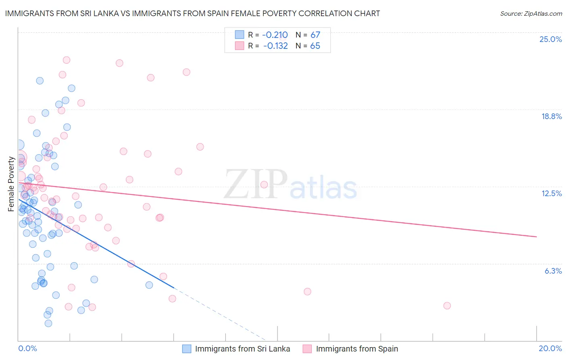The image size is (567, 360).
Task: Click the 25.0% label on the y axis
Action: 550,39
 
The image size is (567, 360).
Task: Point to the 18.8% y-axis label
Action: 551,116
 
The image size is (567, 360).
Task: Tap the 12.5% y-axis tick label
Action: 551,193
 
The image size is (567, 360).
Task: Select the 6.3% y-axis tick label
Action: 553,271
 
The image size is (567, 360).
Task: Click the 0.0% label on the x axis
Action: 27,348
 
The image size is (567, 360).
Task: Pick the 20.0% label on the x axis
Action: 550,348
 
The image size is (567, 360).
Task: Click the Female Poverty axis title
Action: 11,184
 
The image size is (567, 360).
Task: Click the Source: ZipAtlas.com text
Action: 531,13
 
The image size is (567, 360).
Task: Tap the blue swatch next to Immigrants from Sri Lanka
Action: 186,349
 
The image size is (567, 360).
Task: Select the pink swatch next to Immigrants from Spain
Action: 307,349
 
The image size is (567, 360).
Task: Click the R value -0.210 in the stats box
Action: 275,35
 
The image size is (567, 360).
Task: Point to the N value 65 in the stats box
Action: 315,46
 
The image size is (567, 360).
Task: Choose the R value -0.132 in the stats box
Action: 275,46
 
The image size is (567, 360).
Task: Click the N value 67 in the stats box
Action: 315,35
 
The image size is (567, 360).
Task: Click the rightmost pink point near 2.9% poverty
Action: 447,306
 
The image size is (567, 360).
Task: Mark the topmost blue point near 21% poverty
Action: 40,81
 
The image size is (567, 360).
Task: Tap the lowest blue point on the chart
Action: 48,323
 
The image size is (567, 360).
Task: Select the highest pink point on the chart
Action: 67,60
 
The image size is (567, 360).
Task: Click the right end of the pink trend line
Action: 536,237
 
